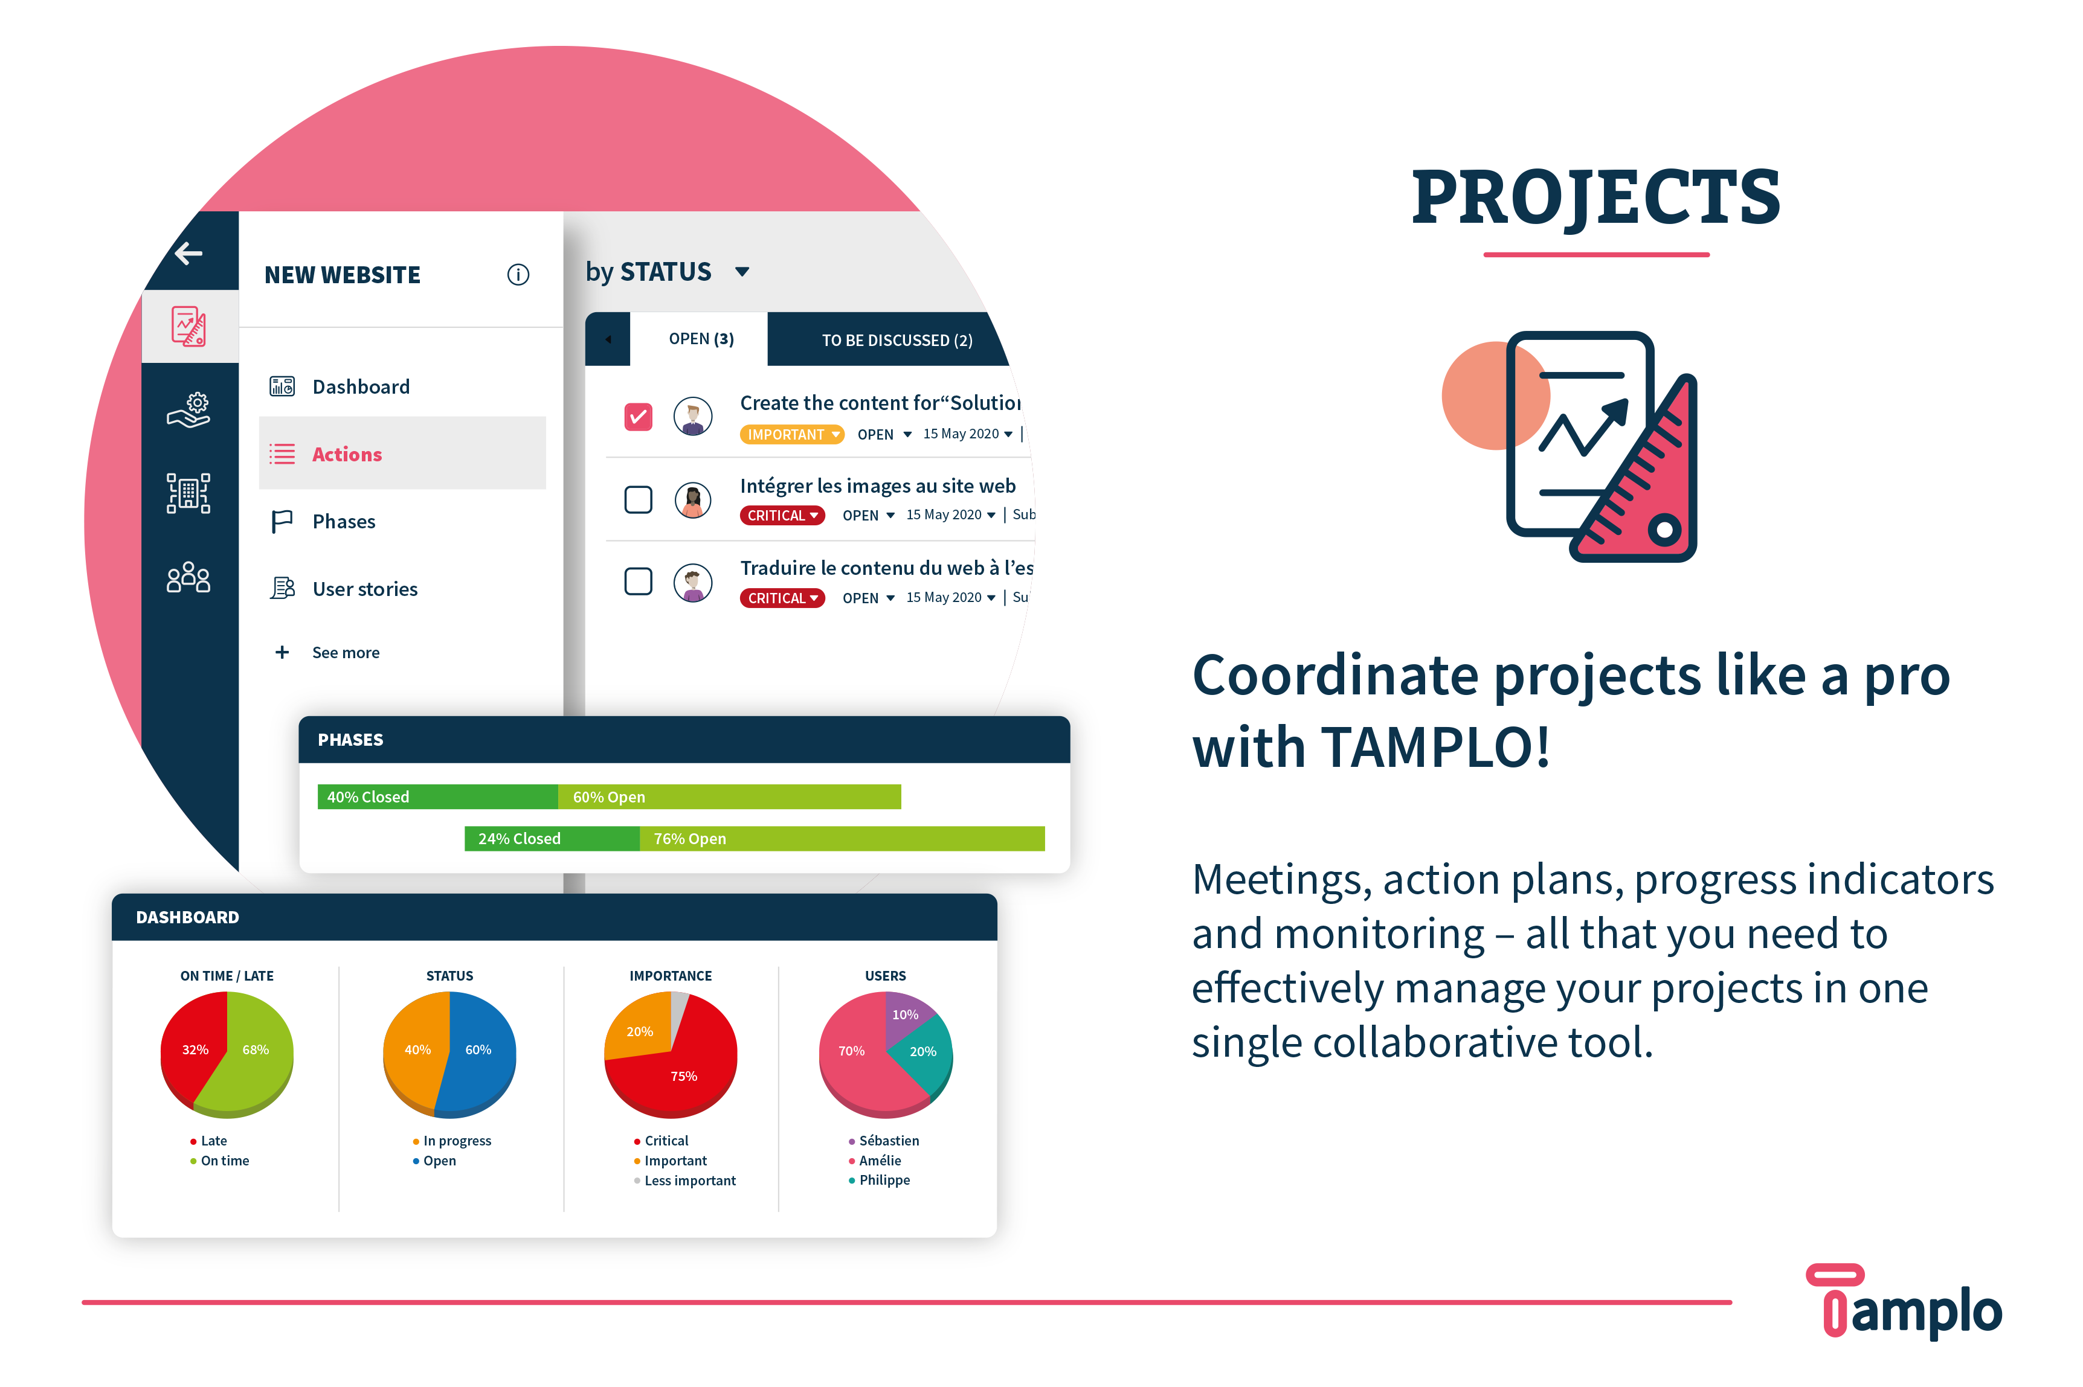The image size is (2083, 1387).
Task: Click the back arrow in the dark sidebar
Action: click(x=188, y=253)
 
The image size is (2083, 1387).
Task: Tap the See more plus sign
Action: click(x=282, y=652)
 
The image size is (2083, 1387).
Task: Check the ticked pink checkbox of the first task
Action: click(x=638, y=417)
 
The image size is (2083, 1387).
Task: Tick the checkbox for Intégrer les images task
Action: click(x=638, y=500)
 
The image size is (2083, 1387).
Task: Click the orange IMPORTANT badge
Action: click(x=792, y=434)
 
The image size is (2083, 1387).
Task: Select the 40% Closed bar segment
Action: click(x=437, y=797)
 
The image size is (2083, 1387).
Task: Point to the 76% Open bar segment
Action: click(x=842, y=839)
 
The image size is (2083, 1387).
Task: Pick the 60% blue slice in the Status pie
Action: click(x=478, y=1050)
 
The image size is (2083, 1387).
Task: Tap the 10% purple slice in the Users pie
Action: click(x=904, y=1014)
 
